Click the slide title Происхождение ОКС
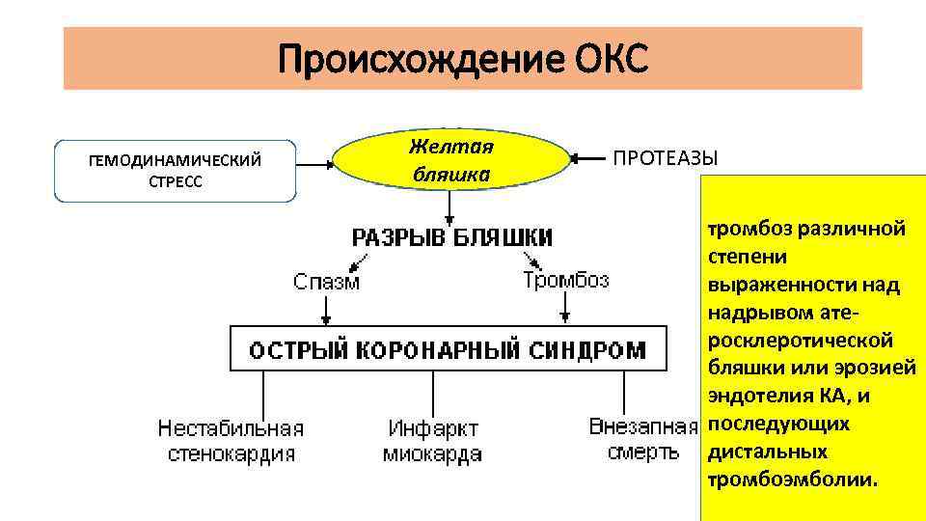coord(463,60)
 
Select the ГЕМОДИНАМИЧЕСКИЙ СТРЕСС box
coord(175,172)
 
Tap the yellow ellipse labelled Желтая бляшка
coord(450,160)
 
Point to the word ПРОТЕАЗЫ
coord(666,158)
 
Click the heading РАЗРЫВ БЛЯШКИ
coord(450,236)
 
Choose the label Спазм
coord(327,282)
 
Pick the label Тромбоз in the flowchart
coord(566,280)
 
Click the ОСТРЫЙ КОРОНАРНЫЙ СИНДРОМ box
coord(449,348)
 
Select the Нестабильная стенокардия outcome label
coord(231,441)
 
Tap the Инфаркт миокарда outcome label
coord(432,441)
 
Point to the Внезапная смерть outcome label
coord(643,439)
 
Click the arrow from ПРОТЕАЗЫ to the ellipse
coord(589,158)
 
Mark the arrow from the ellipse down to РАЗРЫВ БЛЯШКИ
coord(449,206)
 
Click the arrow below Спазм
coord(327,309)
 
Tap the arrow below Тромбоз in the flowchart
coord(566,307)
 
